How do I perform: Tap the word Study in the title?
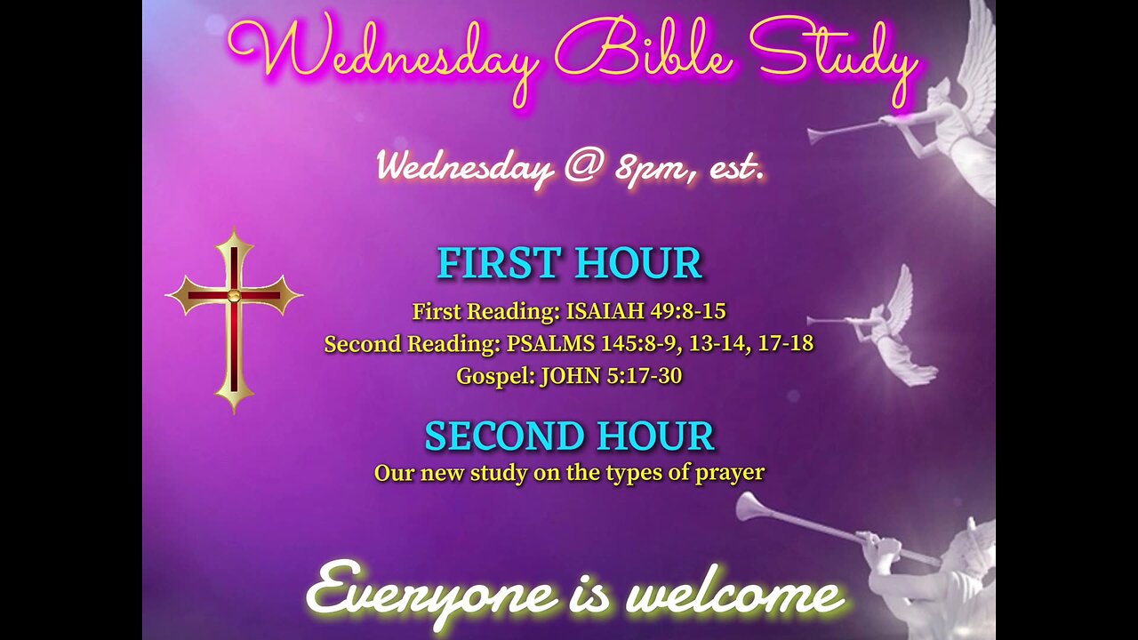[833, 60]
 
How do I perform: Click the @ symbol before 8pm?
[585, 165]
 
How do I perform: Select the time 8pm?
[650, 168]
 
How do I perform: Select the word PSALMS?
[550, 343]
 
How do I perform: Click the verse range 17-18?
[785, 343]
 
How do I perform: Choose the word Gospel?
[496, 376]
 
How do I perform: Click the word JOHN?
[571, 376]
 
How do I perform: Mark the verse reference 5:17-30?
[645, 376]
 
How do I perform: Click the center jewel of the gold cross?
[234, 295]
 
